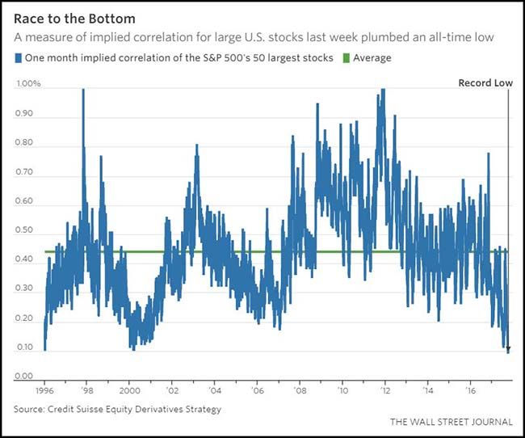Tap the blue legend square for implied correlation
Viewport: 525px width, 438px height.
[x=19, y=58]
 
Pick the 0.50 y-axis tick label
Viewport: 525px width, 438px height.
[x=26, y=230]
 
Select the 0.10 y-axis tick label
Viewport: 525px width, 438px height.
[x=26, y=347]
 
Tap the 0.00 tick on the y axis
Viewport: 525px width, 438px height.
[x=26, y=377]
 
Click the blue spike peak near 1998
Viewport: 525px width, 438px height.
[x=83, y=91]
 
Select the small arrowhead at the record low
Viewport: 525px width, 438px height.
[x=508, y=348]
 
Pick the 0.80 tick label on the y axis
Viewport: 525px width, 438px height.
[x=26, y=143]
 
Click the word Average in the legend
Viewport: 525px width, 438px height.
[x=372, y=58]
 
